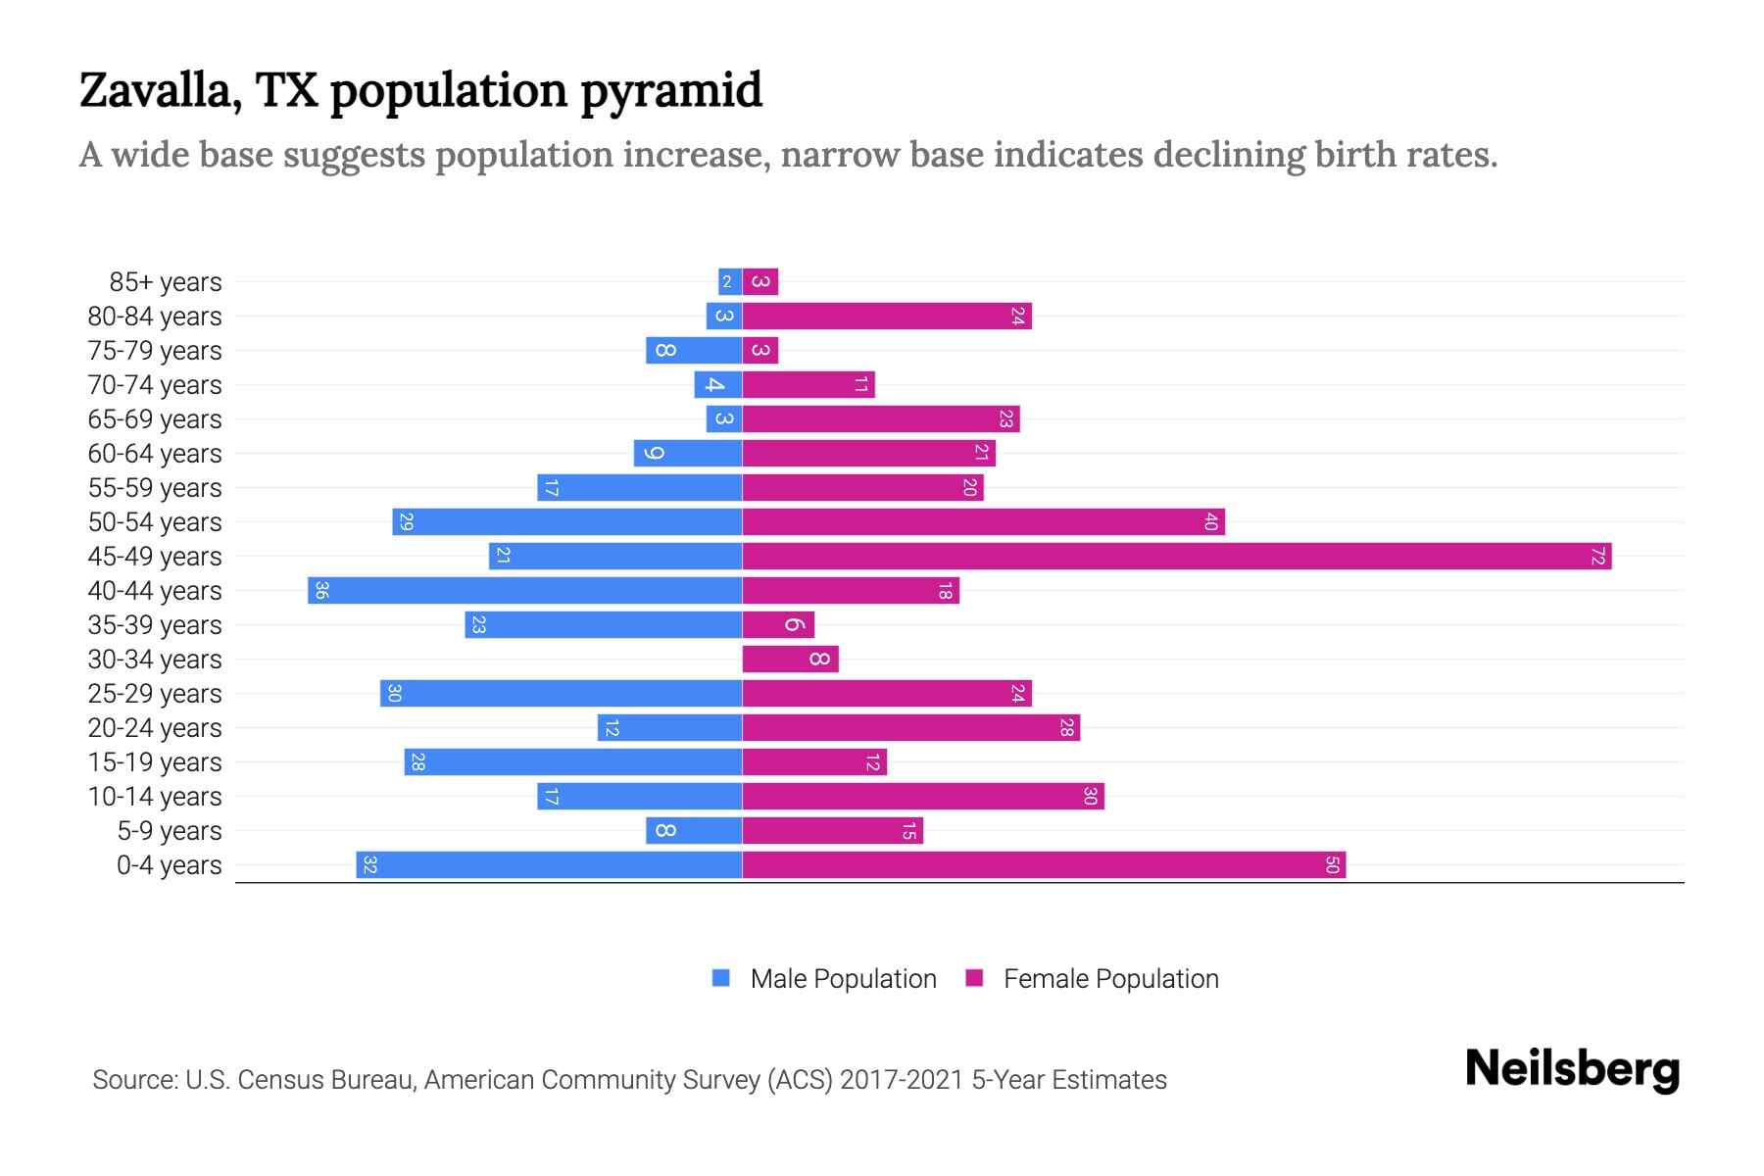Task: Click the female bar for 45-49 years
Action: pyautogui.click(x=1176, y=557)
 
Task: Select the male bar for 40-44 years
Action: pyautogui.click(x=525, y=591)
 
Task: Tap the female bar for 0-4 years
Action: pyautogui.click(x=1044, y=865)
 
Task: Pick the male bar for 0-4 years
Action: pyautogui.click(x=549, y=865)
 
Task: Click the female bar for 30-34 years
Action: pyautogui.click(x=790, y=660)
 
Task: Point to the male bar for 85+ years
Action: pyautogui.click(x=730, y=282)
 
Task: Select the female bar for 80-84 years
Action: pyautogui.click(x=887, y=317)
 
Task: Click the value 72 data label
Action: pyautogui.click(x=1597, y=557)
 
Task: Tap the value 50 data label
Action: pyautogui.click(x=1332, y=865)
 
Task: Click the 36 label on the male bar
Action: pyautogui.click(x=321, y=591)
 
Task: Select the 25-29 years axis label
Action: pyautogui.click(x=155, y=694)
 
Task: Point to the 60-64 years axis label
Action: pyautogui.click(x=155, y=454)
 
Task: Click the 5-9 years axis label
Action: pyautogui.click(x=169, y=831)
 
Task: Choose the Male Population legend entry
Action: pyautogui.click(x=843, y=979)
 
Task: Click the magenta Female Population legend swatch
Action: pyautogui.click(x=974, y=978)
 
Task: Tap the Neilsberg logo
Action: pyautogui.click(x=1572, y=1068)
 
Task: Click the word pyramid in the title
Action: pyautogui.click(x=670, y=91)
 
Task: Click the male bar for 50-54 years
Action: pyautogui.click(x=566, y=522)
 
